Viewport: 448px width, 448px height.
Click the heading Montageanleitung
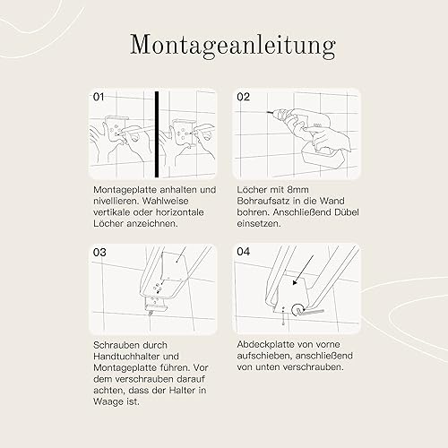[x=233, y=47]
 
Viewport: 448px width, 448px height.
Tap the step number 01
[x=99, y=97]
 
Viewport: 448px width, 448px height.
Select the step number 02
[x=243, y=97]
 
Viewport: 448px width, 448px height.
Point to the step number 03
[x=99, y=253]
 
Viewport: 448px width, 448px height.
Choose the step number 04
[x=244, y=252]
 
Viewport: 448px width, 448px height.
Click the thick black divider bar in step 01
[x=157, y=134]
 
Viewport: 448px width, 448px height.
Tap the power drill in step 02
[x=302, y=124]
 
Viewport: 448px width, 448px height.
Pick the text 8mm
[x=297, y=190]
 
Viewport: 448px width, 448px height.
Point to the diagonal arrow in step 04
[x=304, y=271]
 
